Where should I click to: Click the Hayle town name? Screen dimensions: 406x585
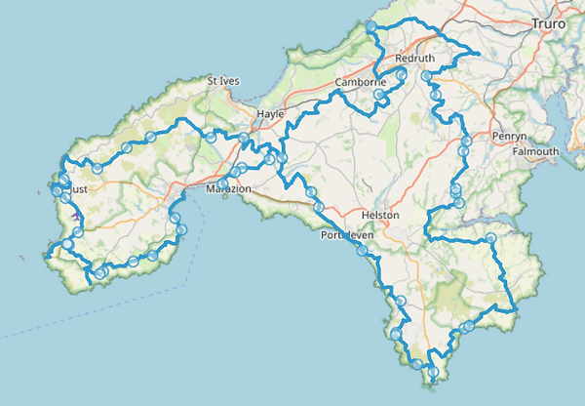pos(269,114)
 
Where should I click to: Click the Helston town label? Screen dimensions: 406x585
pos(379,215)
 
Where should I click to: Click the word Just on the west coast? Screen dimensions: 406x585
pos(80,191)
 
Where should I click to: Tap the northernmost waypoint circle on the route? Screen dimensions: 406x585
pos(371,26)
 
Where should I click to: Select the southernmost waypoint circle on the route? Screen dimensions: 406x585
pos(432,371)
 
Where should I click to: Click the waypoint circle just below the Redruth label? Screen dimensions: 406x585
pos(401,73)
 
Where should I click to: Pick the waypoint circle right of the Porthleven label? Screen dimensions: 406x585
pos(363,251)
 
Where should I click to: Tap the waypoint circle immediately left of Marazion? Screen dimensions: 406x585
pos(224,183)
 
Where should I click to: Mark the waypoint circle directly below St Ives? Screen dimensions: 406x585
pos(212,139)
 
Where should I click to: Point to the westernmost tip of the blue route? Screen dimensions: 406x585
pos(45,257)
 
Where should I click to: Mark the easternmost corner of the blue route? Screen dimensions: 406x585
pos(515,310)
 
